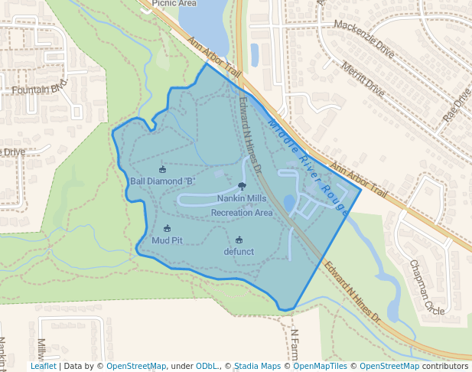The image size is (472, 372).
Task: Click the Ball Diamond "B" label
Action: pos(163,181)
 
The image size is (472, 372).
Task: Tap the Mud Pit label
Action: pos(167,240)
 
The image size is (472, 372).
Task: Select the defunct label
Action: pos(239,251)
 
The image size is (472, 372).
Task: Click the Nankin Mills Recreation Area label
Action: pos(242,205)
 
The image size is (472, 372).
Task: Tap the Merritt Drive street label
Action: pos(364,77)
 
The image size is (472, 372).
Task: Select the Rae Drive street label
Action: pos(457,107)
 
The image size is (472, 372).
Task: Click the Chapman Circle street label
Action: pos(426,288)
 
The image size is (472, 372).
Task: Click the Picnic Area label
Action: pos(174,3)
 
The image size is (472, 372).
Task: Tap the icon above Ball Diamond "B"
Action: pos(162,169)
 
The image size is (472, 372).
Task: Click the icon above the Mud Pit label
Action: pos(167,228)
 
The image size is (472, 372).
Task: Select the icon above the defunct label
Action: pos(239,239)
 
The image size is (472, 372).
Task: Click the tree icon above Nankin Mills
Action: pos(242,186)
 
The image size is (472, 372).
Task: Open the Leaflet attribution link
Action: pos(44,366)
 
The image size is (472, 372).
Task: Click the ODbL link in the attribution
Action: pos(207,366)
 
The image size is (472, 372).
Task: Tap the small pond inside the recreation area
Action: pos(288,202)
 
